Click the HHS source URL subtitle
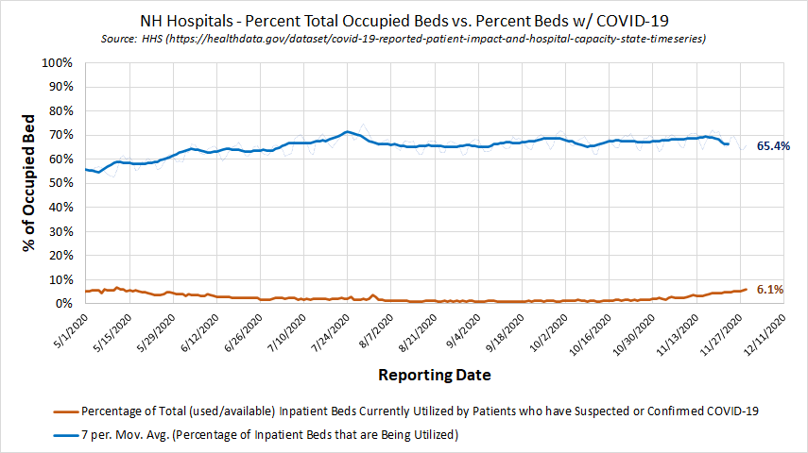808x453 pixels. (404, 39)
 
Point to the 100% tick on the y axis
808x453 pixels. (58, 63)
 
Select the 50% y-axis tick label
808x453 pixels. (60, 184)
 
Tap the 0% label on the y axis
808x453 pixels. (64, 304)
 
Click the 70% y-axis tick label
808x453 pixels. (60, 136)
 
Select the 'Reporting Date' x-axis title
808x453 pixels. (435, 375)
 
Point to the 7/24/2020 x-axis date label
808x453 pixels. (326, 333)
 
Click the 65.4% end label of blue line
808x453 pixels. (773, 146)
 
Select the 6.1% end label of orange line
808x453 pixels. (769, 290)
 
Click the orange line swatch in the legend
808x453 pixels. (65, 411)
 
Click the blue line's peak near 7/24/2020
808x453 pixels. (347, 131)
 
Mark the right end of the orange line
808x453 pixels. (746, 289)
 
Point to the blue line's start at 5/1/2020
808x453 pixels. (86, 170)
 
